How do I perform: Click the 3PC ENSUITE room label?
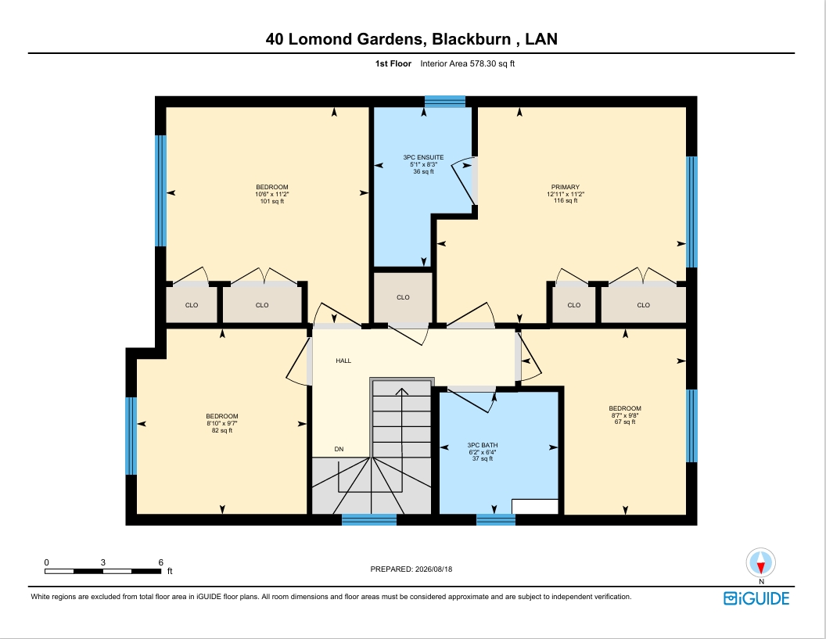coord(423,157)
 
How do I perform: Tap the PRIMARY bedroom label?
coord(566,187)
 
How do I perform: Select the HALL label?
coord(343,361)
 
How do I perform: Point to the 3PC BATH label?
coord(483,445)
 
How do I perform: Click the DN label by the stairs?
coord(339,450)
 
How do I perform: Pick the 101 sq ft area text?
coord(272,201)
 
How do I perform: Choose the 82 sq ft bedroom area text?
coord(222,430)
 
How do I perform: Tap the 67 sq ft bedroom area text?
coord(625,422)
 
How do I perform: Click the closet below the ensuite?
coord(403,297)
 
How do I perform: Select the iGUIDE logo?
coord(756,598)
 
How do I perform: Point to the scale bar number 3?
coord(102,562)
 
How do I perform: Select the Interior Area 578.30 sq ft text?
coord(467,63)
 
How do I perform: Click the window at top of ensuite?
coord(445,102)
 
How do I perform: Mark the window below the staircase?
coord(369,520)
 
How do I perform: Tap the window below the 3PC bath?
coord(496,520)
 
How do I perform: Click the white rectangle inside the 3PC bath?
coord(535,506)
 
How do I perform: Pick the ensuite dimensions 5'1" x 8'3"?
coord(423,164)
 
